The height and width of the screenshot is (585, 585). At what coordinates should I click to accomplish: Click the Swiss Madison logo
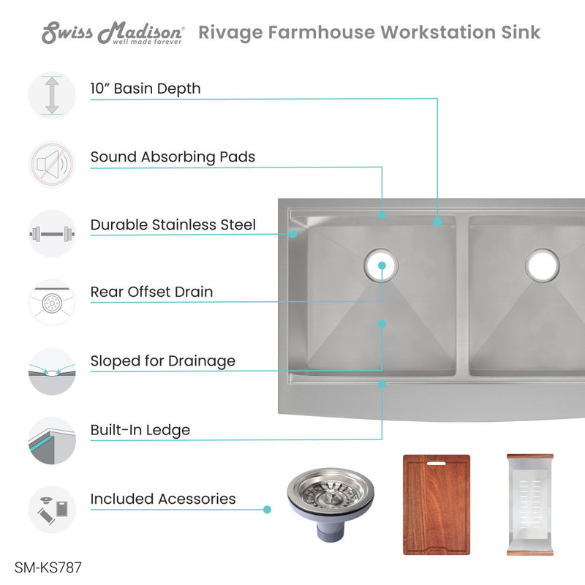pyautogui.click(x=112, y=33)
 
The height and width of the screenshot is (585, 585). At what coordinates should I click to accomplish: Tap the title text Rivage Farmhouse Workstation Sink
pyautogui.click(x=369, y=32)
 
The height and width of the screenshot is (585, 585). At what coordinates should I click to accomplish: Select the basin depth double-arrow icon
pyautogui.click(x=52, y=96)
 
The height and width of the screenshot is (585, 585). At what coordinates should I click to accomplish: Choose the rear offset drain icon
pyautogui.click(x=52, y=301)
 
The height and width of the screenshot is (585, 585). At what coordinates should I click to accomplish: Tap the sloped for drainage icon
pyautogui.click(x=52, y=371)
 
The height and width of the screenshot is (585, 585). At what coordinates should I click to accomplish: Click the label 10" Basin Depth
pyautogui.click(x=146, y=88)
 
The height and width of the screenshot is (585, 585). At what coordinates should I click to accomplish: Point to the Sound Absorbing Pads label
pyautogui.click(x=173, y=157)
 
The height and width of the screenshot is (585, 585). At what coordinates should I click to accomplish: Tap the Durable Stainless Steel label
pyautogui.click(x=173, y=224)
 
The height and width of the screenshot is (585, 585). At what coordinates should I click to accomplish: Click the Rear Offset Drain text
pyautogui.click(x=151, y=292)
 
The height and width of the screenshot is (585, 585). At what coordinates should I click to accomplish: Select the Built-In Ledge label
pyautogui.click(x=140, y=430)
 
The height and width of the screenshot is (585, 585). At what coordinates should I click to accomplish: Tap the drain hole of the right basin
pyautogui.click(x=542, y=263)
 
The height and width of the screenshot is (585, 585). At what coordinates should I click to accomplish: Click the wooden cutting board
pyautogui.click(x=437, y=504)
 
